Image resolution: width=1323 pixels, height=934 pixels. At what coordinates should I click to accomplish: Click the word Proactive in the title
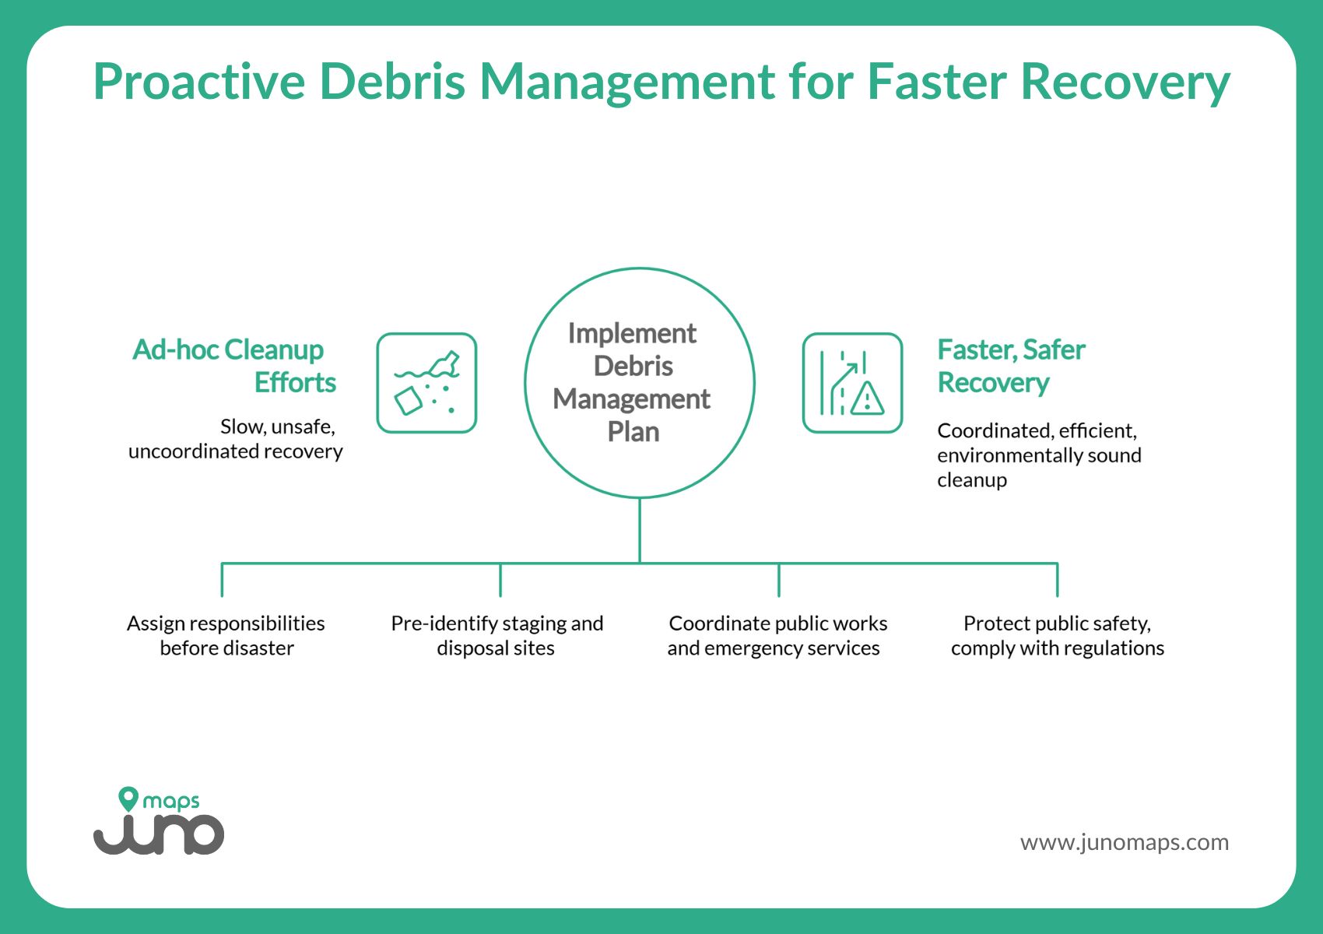pos(199,81)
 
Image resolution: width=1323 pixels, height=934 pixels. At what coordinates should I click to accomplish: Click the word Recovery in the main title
pos(1125,81)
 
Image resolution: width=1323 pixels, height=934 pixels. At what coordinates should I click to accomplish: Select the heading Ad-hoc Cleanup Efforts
pos(233,366)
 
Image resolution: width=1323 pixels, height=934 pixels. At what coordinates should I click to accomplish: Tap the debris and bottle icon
pos(426,383)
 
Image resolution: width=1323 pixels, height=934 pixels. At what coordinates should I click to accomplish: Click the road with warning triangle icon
pos(852,383)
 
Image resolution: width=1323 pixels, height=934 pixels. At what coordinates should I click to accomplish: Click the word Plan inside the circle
pos(633,432)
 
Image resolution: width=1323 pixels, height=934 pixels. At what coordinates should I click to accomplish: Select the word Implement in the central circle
pos(632,333)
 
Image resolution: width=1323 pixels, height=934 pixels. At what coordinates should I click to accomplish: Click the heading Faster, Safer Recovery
pos(1010,366)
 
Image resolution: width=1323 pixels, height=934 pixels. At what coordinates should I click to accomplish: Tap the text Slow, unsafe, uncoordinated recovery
pos(237,439)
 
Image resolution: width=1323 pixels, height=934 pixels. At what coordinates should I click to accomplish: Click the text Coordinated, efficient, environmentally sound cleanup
pos(1038,455)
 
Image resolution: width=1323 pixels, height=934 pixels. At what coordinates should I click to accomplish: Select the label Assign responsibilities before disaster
pos(226,635)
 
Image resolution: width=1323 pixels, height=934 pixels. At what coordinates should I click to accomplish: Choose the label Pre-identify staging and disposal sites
pos(497,635)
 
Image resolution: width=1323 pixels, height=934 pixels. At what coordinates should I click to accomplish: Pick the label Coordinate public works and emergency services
pos(777,635)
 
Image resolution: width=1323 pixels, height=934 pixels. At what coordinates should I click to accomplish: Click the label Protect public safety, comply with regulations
pos(1057,635)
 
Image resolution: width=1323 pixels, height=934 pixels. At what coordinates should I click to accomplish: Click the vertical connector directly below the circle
pos(640,529)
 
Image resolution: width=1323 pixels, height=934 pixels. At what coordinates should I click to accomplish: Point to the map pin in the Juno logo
pos(128,799)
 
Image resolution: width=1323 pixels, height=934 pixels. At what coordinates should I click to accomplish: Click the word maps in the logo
pos(171,802)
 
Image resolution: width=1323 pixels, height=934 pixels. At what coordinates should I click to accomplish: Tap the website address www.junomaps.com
pos(1124,842)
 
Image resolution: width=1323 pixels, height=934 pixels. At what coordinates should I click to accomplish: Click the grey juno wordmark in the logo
pos(160,834)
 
